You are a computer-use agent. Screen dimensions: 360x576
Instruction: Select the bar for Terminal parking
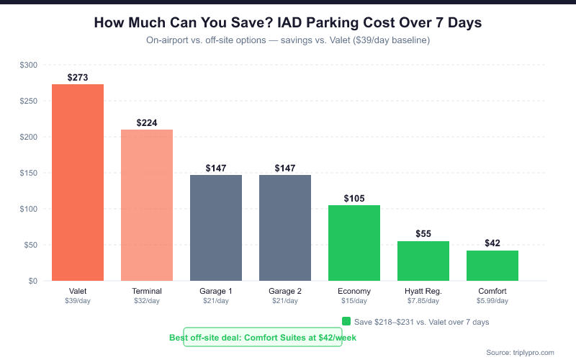(147, 205)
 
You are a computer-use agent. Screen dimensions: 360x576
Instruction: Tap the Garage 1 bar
(216, 228)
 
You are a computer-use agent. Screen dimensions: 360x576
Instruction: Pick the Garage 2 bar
(285, 228)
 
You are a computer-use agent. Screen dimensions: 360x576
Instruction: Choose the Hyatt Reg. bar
(423, 261)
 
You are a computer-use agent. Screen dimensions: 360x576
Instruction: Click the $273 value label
(78, 77)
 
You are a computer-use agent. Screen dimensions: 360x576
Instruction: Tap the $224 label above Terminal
(147, 122)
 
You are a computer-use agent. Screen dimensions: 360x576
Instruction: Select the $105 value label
(354, 198)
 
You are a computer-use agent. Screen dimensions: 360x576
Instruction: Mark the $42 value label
(492, 243)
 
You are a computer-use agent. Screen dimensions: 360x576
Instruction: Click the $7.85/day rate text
(423, 301)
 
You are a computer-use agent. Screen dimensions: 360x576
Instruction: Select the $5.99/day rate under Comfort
(492, 301)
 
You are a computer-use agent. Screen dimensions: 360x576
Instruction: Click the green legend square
(346, 321)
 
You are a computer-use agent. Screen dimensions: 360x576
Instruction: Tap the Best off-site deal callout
(263, 337)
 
